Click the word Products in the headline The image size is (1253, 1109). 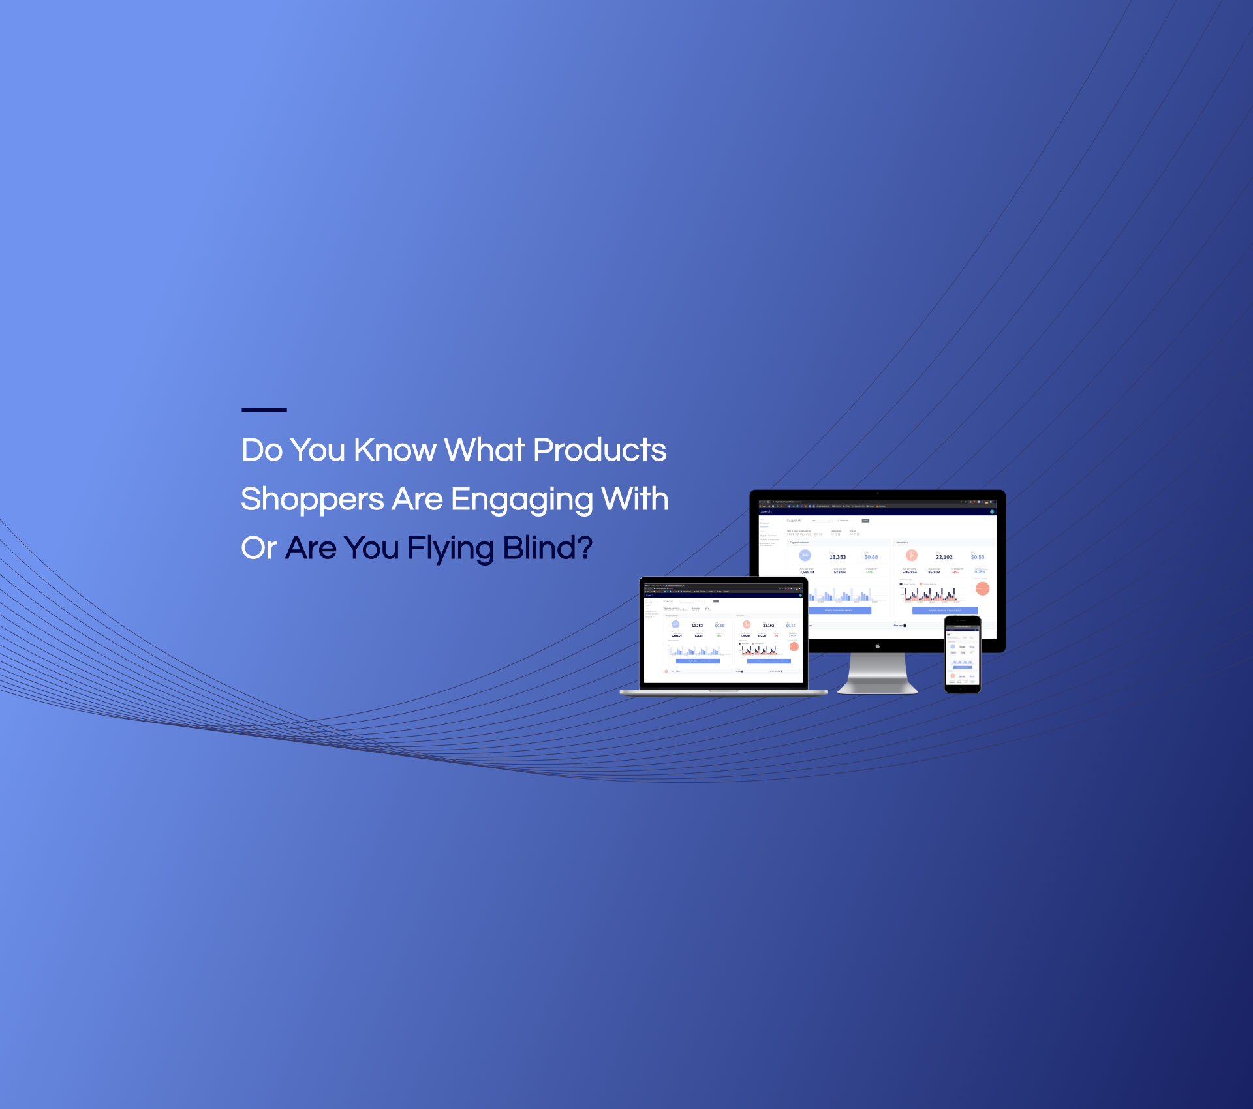pyautogui.click(x=600, y=450)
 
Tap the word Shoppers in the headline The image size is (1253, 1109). pyautogui.click(x=312, y=500)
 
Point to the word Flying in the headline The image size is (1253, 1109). pyautogui.click(x=451, y=548)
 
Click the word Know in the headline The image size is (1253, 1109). pyautogui.click(x=395, y=450)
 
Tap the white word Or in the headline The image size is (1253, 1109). pyautogui.click(x=258, y=548)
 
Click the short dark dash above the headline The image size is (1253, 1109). pyautogui.click(x=264, y=410)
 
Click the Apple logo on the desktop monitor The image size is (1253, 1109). pyautogui.click(x=878, y=646)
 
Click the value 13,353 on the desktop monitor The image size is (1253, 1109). pyautogui.click(x=837, y=557)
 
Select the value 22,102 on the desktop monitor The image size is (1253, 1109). pyautogui.click(x=944, y=557)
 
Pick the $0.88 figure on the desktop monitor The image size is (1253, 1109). pyautogui.click(x=871, y=557)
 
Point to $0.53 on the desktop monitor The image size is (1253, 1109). pyautogui.click(x=978, y=557)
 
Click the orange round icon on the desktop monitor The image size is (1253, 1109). pyautogui.click(x=912, y=555)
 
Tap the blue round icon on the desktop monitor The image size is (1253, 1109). pyautogui.click(x=805, y=555)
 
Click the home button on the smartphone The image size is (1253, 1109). pyautogui.click(x=963, y=688)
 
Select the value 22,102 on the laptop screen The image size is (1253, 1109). pyautogui.click(x=768, y=626)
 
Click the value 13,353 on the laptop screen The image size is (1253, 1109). pyautogui.click(x=697, y=626)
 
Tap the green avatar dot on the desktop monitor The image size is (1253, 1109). pyautogui.click(x=992, y=511)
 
